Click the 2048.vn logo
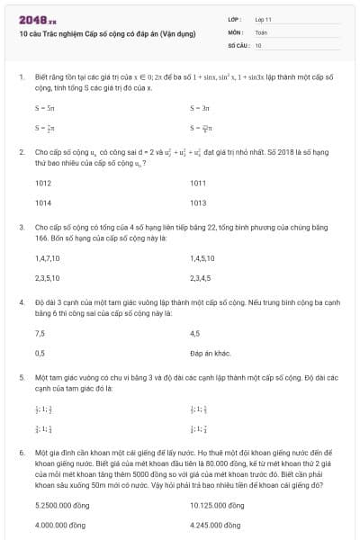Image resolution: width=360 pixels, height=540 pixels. tap(37, 18)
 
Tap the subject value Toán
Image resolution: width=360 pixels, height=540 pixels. tap(261, 31)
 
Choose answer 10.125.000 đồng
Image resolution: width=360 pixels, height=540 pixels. tap(217, 505)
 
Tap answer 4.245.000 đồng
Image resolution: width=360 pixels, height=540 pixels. tap(216, 525)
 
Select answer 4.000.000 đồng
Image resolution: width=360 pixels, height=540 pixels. tap(59, 525)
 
